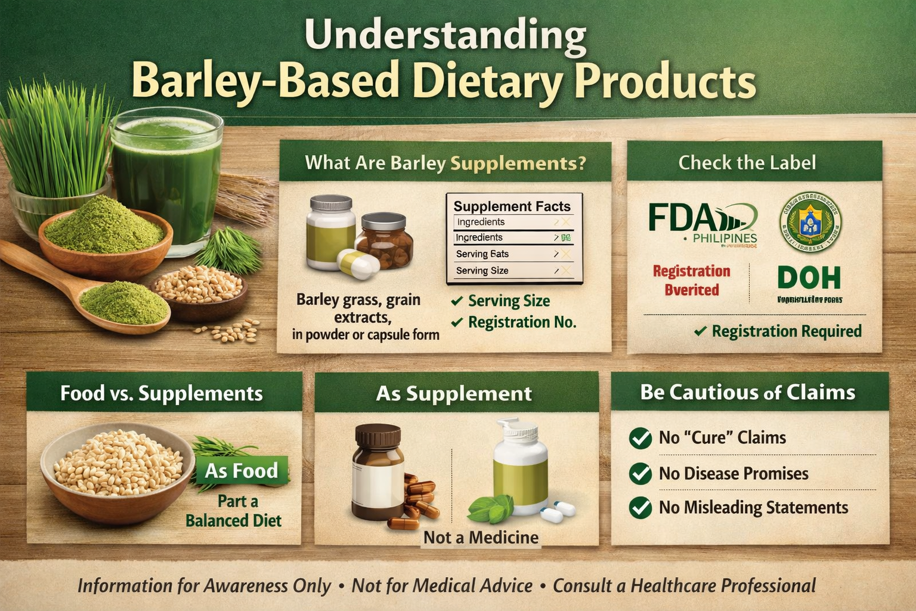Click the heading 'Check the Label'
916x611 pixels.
click(x=747, y=162)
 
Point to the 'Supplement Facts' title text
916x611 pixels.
click(x=512, y=206)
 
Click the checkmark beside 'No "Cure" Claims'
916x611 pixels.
click(x=640, y=438)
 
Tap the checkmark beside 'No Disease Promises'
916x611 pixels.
click(x=640, y=474)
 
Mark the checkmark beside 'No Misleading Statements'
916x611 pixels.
click(x=640, y=508)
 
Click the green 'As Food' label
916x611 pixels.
click(x=242, y=471)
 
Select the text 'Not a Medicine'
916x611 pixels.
click(x=481, y=538)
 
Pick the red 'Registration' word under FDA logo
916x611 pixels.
click(x=691, y=271)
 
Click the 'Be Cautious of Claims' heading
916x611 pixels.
click(x=747, y=393)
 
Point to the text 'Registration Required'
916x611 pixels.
click(x=786, y=331)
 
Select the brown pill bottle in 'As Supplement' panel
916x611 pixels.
click(x=377, y=471)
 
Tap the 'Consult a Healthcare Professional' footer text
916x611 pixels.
click(x=684, y=585)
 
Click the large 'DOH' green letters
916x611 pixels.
click(x=809, y=279)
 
